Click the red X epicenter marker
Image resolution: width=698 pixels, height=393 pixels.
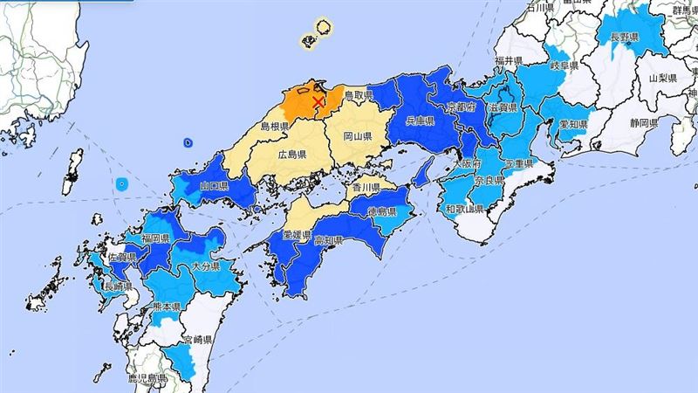pos(318,102)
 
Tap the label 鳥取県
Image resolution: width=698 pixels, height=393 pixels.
pos(359,94)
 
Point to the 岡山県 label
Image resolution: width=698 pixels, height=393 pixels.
pos(358,137)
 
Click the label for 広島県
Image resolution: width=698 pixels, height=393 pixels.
pos(291,155)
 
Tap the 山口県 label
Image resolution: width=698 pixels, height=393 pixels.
pos(213,187)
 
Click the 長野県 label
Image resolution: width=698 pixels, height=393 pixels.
pos(625,38)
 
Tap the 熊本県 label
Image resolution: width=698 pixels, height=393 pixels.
pos(165,307)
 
